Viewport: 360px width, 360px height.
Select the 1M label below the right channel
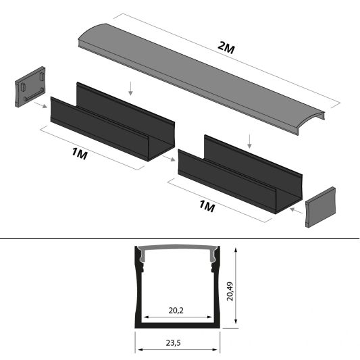207,206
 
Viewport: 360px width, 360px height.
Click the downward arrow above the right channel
251,141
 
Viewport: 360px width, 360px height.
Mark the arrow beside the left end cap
41,105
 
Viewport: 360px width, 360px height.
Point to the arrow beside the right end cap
295,211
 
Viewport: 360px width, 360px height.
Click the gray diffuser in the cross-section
179,251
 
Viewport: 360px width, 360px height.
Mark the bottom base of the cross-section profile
179,326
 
